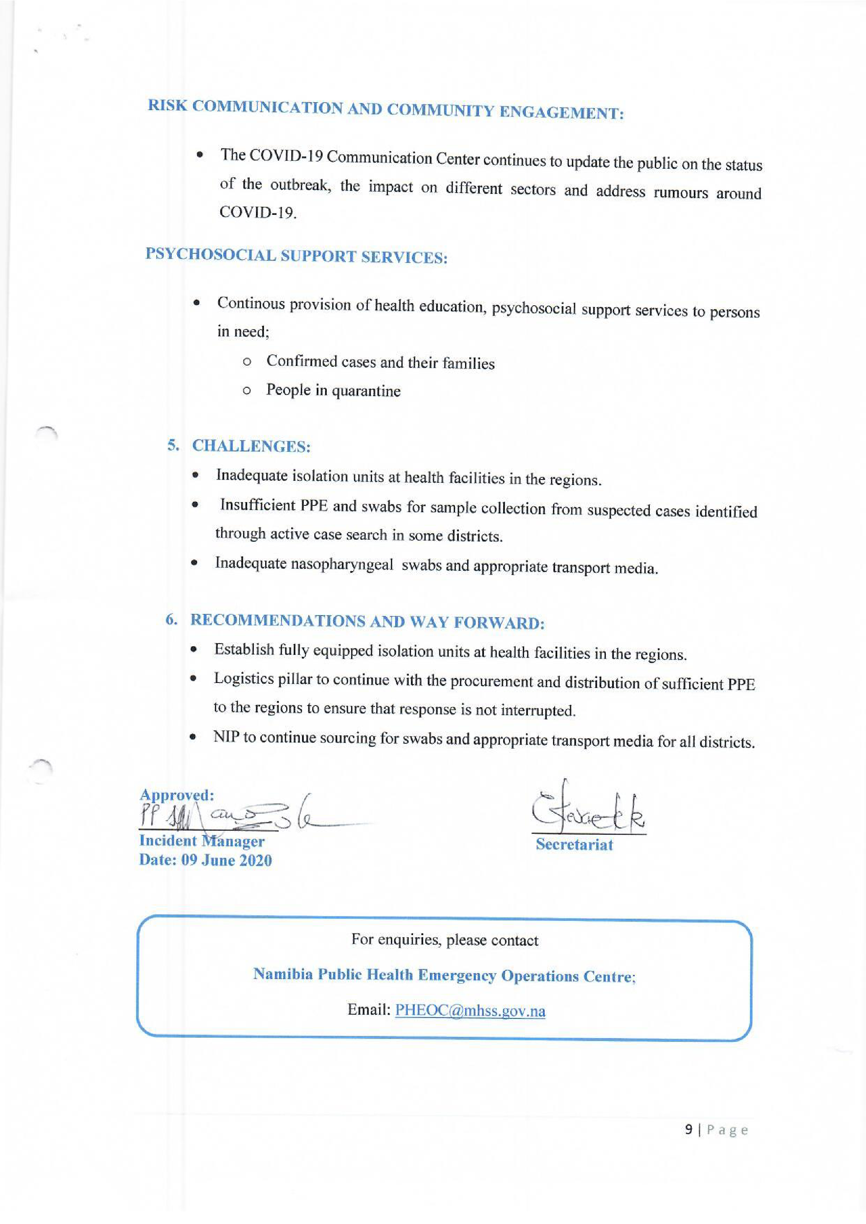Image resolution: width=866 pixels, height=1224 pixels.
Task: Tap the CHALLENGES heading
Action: pyautogui.click(x=251, y=446)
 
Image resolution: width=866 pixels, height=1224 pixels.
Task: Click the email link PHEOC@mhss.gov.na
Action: pyautogui.click(x=470, y=1011)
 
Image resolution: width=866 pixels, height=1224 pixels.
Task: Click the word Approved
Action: pyautogui.click(x=176, y=795)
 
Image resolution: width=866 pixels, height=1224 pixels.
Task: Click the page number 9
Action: pyautogui.click(x=690, y=1130)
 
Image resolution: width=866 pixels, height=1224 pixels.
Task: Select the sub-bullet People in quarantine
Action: pyautogui.click(x=333, y=391)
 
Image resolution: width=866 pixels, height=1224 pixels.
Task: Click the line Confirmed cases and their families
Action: pyautogui.click(x=380, y=363)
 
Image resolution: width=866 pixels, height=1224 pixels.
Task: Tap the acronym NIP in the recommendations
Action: pyautogui.click(x=225, y=737)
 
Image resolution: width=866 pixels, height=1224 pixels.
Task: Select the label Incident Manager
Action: pyautogui.click(x=202, y=841)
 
